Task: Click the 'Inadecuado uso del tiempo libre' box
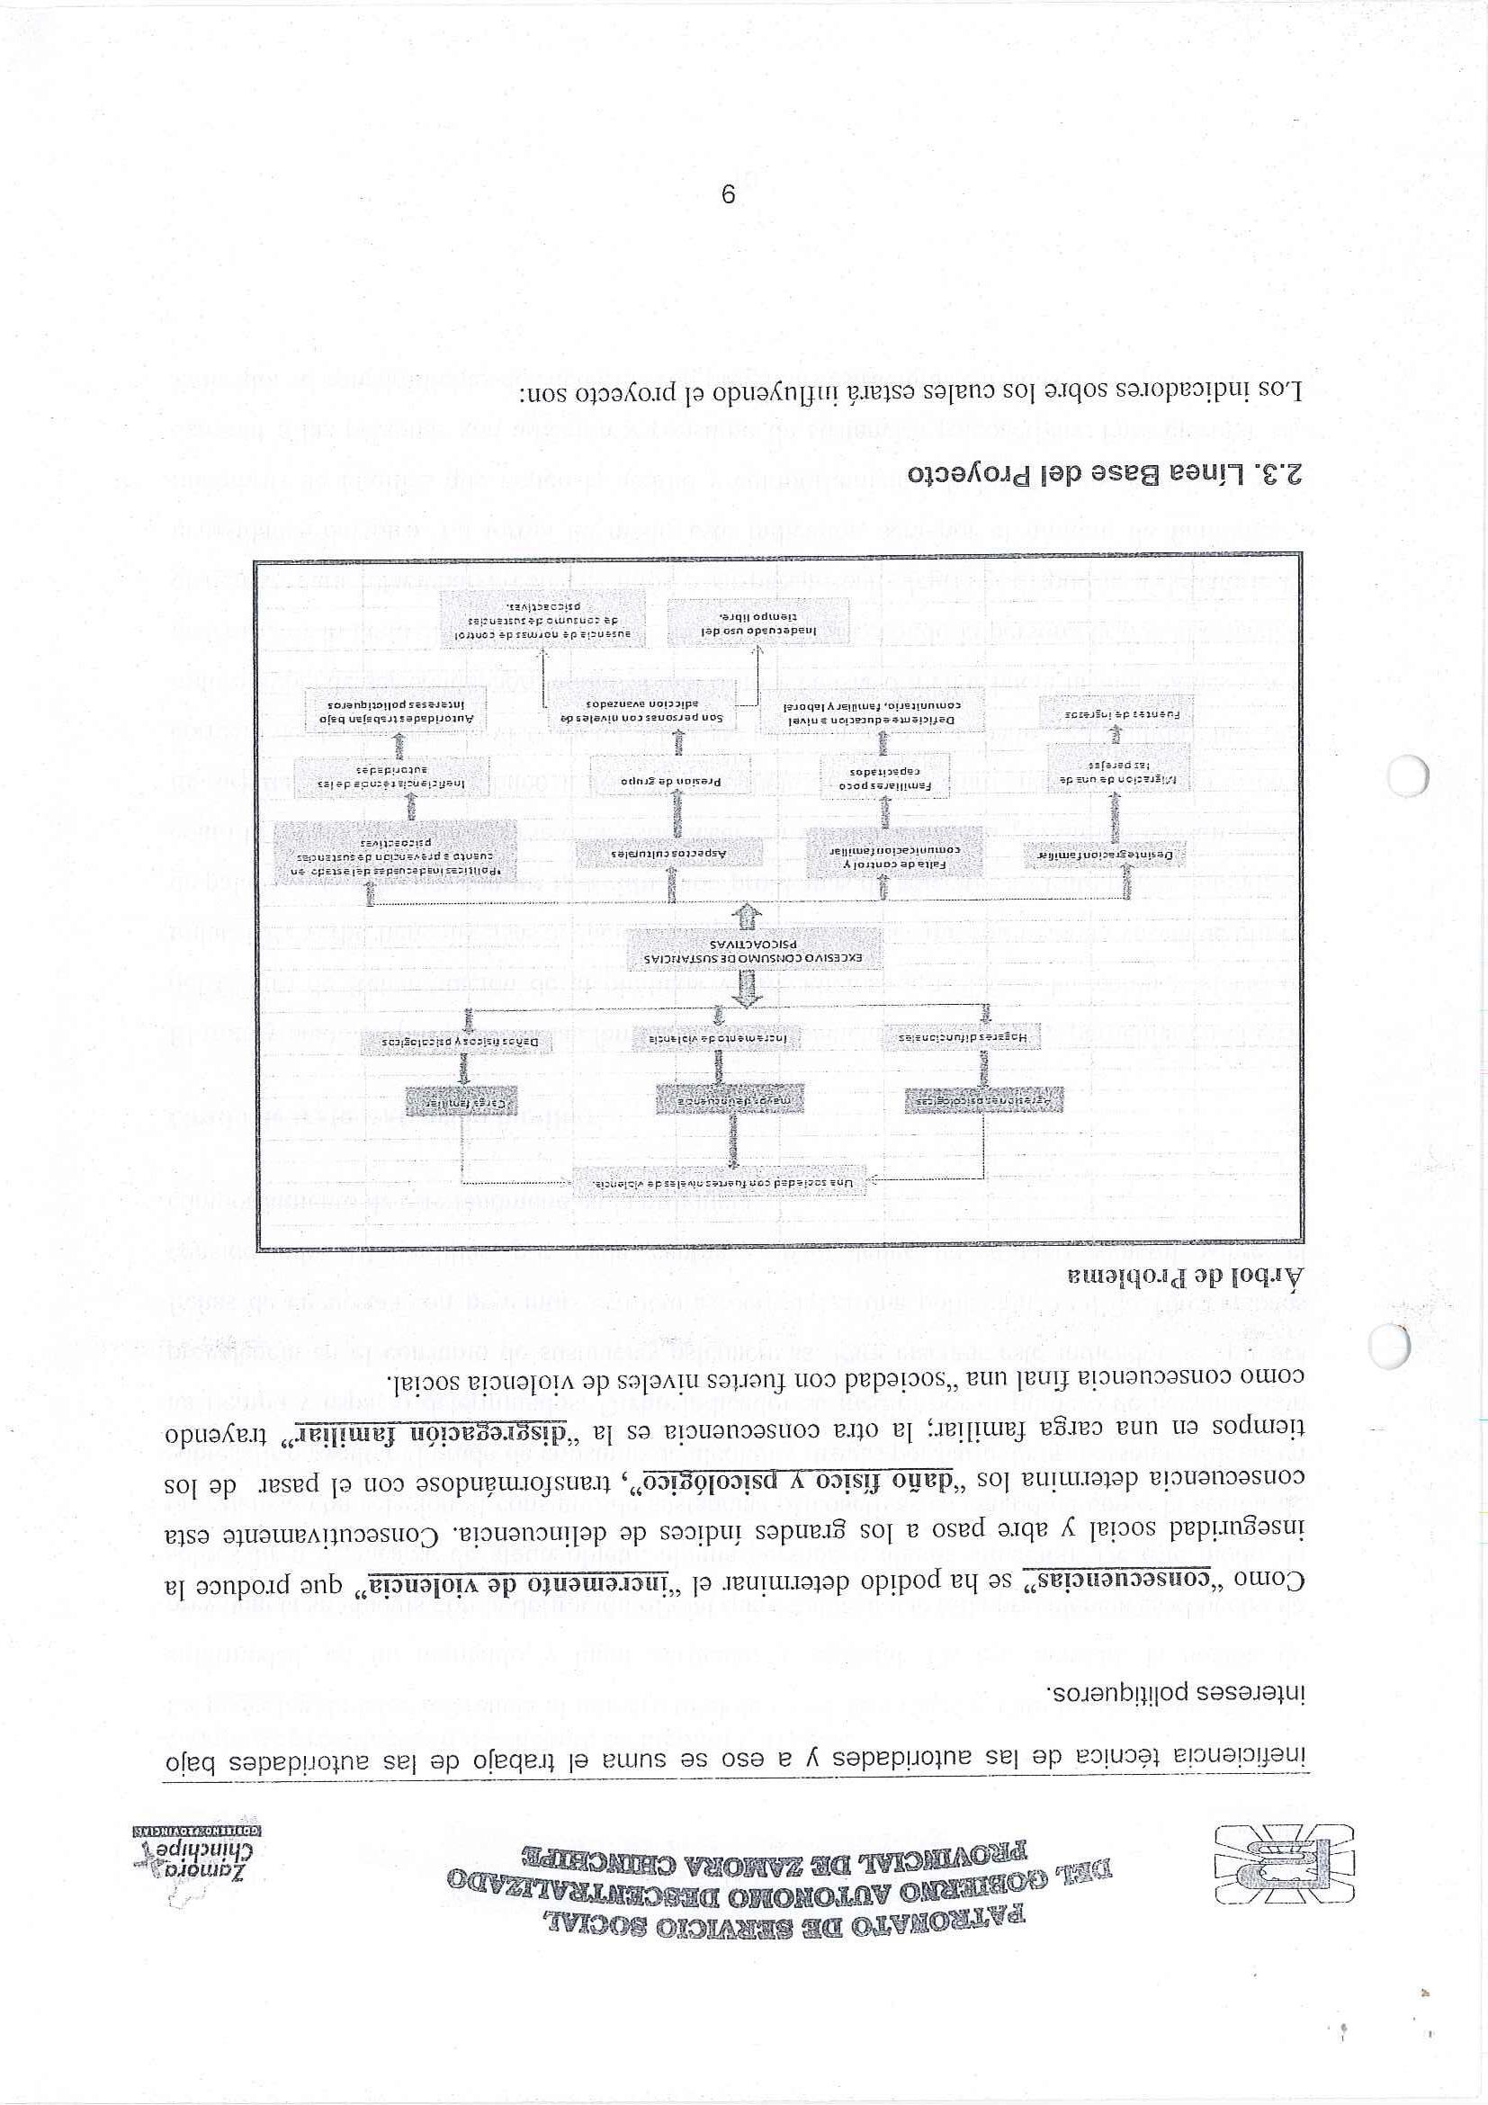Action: pyautogui.click(x=756, y=624)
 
